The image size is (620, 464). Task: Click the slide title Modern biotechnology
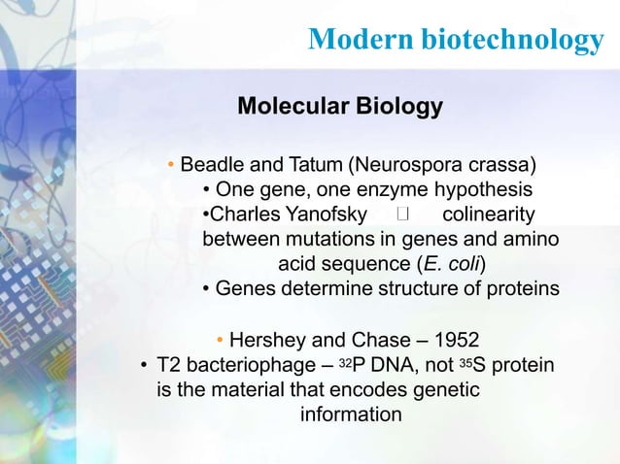click(x=455, y=39)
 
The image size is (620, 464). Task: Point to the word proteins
click(x=525, y=289)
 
